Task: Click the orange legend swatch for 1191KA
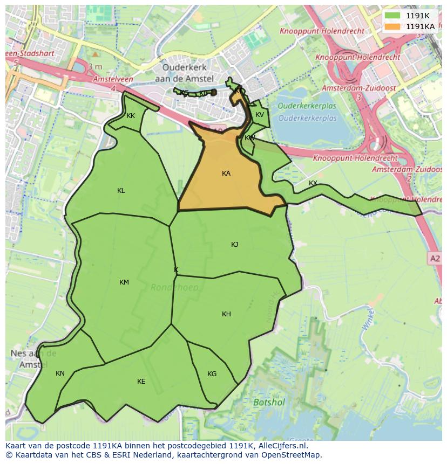pos(393,26)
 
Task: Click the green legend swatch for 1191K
pos(393,16)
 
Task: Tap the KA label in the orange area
pos(226,174)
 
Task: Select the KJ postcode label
pos(234,245)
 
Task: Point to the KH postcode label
pos(226,314)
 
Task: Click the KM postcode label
pos(124,282)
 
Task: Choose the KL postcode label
pos(121,191)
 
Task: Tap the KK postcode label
pos(131,116)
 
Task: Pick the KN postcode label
pos(60,373)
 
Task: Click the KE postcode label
pos(141,382)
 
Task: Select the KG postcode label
pos(212,374)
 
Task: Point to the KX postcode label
pos(313,183)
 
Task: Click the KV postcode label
pos(260,115)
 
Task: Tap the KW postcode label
pos(249,138)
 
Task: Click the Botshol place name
pos(269,402)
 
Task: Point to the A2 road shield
pos(435,259)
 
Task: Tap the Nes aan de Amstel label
pos(33,359)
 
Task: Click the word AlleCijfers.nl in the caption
pos(280,446)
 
